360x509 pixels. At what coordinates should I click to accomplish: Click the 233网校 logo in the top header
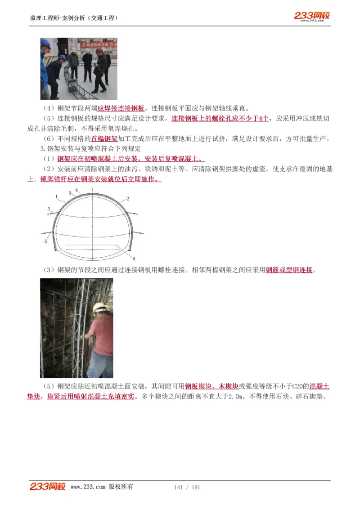[x=312, y=16]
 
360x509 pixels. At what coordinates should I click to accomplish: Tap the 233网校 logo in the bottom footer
[x=48, y=487]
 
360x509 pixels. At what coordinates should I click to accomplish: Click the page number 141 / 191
[x=187, y=487]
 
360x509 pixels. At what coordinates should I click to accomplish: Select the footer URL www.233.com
[x=88, y=487]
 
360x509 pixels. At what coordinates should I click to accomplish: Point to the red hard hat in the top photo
[x=99, y=51]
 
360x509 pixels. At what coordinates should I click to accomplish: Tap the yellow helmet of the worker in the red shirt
[x=100, y=308]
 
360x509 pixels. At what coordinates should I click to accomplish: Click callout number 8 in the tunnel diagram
[x=134, y=258]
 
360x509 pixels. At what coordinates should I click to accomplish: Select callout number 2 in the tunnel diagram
[x=128, y=198]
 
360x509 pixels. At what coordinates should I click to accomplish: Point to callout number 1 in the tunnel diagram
[x=56, y=196]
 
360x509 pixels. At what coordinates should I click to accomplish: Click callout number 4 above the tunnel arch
[x=76, y=190]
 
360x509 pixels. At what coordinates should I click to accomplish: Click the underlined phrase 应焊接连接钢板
[x=121, y=108]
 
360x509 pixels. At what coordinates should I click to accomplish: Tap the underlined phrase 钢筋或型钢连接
[x=289, y=270]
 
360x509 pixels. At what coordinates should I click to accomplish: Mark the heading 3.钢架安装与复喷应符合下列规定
[x=90, y=149]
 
